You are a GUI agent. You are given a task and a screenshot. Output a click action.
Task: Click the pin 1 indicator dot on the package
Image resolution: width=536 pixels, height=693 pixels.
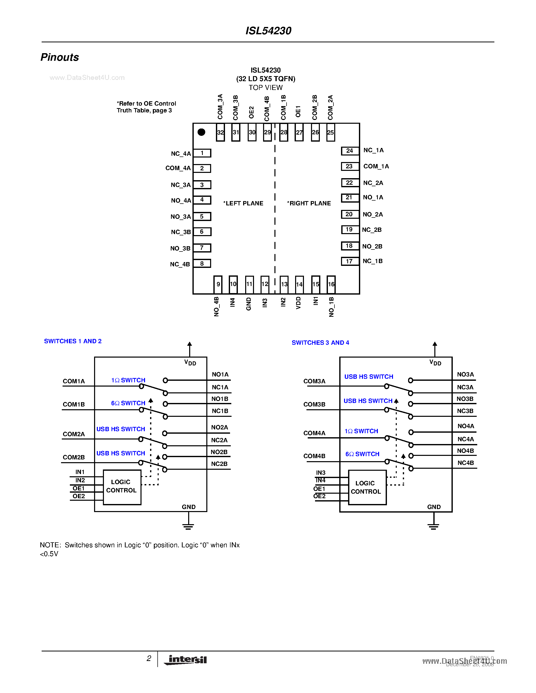201,132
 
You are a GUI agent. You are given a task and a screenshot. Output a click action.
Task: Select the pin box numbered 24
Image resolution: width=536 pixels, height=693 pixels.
350,151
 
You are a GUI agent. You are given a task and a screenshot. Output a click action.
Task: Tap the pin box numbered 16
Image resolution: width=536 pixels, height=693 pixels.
331,284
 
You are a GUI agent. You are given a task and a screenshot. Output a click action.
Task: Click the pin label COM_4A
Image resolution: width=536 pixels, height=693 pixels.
178,168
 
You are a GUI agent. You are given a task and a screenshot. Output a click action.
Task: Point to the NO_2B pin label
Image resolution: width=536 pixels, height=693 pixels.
372,246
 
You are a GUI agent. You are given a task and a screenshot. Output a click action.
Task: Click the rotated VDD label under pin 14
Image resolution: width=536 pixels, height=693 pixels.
298,303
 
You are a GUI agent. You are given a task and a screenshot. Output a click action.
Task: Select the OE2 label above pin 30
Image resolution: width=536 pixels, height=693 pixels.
251,112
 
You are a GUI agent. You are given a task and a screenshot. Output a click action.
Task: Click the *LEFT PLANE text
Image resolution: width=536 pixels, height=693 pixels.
243,203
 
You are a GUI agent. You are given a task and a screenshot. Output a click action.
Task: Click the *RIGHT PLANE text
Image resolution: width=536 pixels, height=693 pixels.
309,203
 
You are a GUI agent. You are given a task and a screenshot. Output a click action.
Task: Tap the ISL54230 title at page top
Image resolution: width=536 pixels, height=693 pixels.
268,31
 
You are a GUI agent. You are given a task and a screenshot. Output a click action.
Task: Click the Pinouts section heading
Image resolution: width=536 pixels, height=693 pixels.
60,57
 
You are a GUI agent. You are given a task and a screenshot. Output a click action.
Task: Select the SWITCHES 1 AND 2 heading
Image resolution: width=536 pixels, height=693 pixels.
73,341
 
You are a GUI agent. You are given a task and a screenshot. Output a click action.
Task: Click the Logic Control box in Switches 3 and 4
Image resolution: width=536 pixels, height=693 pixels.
367,487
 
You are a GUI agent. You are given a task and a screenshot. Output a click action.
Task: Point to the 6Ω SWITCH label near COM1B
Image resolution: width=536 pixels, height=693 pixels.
128,403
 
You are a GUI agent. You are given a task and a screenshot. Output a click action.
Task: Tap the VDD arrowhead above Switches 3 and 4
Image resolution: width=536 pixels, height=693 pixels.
435,344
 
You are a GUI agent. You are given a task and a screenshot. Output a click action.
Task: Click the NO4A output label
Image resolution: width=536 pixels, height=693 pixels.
466,426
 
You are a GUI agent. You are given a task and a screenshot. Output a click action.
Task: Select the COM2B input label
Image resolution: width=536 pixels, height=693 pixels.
74,457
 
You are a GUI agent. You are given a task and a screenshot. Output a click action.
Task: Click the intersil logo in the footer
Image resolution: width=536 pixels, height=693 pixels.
186,660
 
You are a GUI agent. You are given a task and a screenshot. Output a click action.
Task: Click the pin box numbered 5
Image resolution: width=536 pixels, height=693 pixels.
202,216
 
